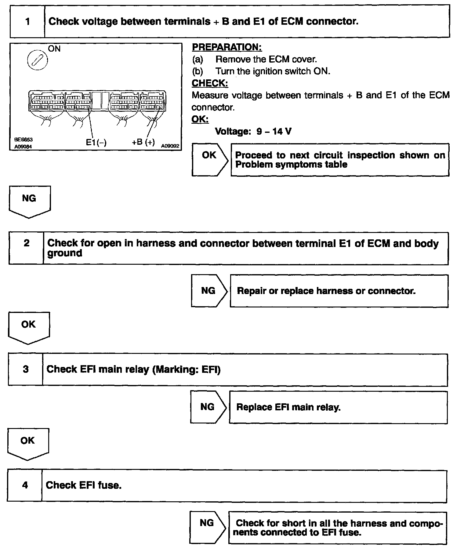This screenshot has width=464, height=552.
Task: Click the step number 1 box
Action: tap(27, 21)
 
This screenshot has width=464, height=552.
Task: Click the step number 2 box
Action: tap(27, 248)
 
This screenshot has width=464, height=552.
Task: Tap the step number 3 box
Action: tap(26, 369)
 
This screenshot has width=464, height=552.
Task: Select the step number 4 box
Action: tap(25, 485)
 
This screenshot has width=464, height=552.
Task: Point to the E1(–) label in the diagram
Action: tap(96, 143)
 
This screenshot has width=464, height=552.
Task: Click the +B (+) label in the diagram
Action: tap(143, 142)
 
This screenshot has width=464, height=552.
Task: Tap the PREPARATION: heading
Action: tap(227, 47)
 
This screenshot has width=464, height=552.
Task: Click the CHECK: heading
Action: tap(210, 83)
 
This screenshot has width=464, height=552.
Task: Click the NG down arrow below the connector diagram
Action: tap(29, 201)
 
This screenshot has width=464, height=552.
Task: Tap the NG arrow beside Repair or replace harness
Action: tap(209, 291)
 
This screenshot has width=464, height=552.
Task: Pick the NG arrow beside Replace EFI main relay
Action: tap(208, 407)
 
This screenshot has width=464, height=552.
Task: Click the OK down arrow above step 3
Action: tap(28, 327)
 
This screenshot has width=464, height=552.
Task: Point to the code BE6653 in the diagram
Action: tap(24, 140)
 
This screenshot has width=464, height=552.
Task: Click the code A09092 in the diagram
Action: tap(170, 146)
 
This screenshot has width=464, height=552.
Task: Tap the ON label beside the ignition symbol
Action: tap(54, 49)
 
